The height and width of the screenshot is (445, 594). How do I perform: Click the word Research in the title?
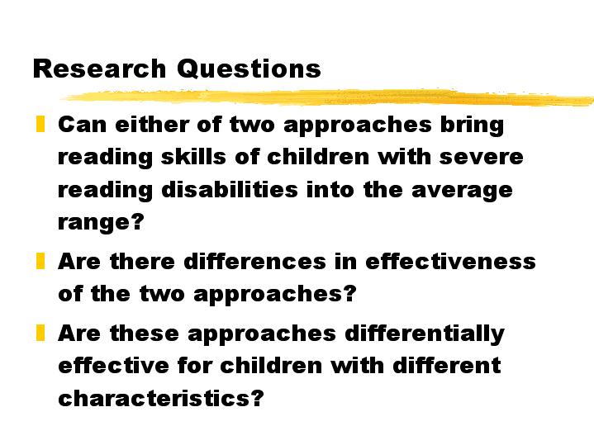pos(99,69)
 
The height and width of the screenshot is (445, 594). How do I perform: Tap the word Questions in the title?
pos(249,69)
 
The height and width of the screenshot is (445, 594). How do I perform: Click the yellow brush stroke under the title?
pos(328,97)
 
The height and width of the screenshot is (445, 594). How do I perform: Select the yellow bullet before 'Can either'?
pos(40,124)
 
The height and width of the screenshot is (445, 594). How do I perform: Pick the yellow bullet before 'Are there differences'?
pos(40,261)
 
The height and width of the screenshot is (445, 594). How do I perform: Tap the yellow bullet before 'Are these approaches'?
pos(40,333)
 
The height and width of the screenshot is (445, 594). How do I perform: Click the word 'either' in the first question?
pos(151,124)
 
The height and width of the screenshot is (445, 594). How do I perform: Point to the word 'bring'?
pos(472,125)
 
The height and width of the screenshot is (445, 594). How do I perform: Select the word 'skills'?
pos(193,157)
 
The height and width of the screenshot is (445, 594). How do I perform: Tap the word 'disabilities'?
pos(230,189)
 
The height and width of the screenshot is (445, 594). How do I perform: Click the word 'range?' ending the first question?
pos(101,222)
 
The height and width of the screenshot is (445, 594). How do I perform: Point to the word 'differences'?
pos(254,261)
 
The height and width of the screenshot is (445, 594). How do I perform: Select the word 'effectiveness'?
pos(450,261)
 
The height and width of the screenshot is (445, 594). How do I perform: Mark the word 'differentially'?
pos(425,334)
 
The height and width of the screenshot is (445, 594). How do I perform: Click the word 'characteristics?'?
pos(160,398)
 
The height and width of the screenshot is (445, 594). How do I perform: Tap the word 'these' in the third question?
pos(145,333)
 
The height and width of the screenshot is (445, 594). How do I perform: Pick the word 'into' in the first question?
pos(330,189)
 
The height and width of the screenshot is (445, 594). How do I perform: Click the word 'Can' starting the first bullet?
pos(83,124)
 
